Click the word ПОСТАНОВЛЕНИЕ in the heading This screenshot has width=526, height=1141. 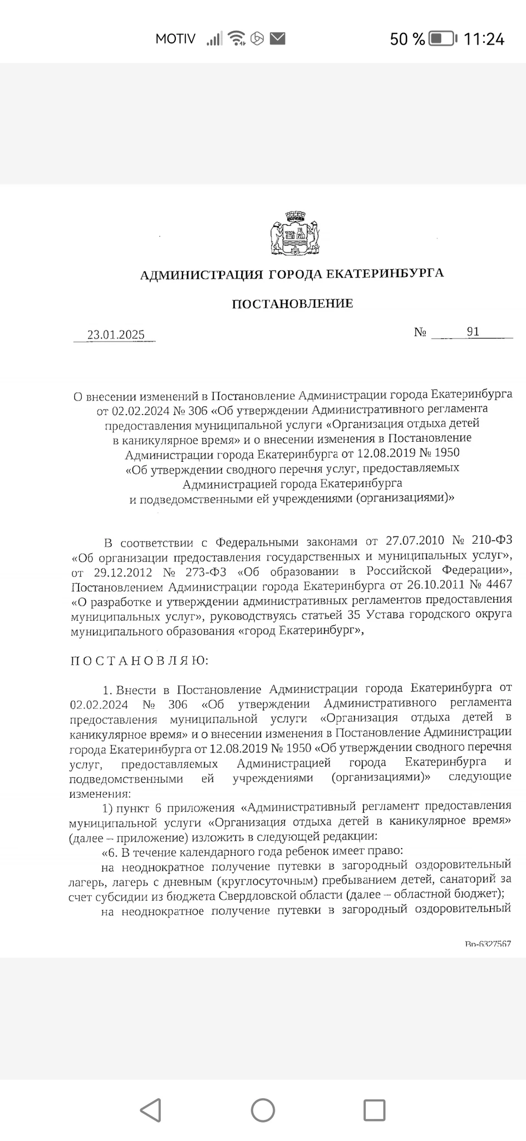pos(292,304)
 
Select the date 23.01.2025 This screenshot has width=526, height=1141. pos(116,335)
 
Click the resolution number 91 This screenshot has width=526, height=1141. pos(473,332)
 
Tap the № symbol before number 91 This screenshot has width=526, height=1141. pos(420,333)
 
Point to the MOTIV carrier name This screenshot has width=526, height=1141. pos(175,39)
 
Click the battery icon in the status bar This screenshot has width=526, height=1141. pos(444,39)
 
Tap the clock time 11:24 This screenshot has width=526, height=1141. pos(484,39)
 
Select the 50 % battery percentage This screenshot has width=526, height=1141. pos(407,39)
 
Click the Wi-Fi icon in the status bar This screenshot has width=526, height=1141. pos(237,38)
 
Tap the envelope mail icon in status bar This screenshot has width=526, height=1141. pos(278,38)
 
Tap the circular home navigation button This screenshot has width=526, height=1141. pos(263,1110)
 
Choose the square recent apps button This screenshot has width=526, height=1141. pos(374,1110)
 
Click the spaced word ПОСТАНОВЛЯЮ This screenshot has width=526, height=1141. pos(139,661)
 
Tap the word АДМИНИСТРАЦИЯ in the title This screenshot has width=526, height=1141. pos(201,275)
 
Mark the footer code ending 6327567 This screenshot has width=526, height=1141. pos(488,944)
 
